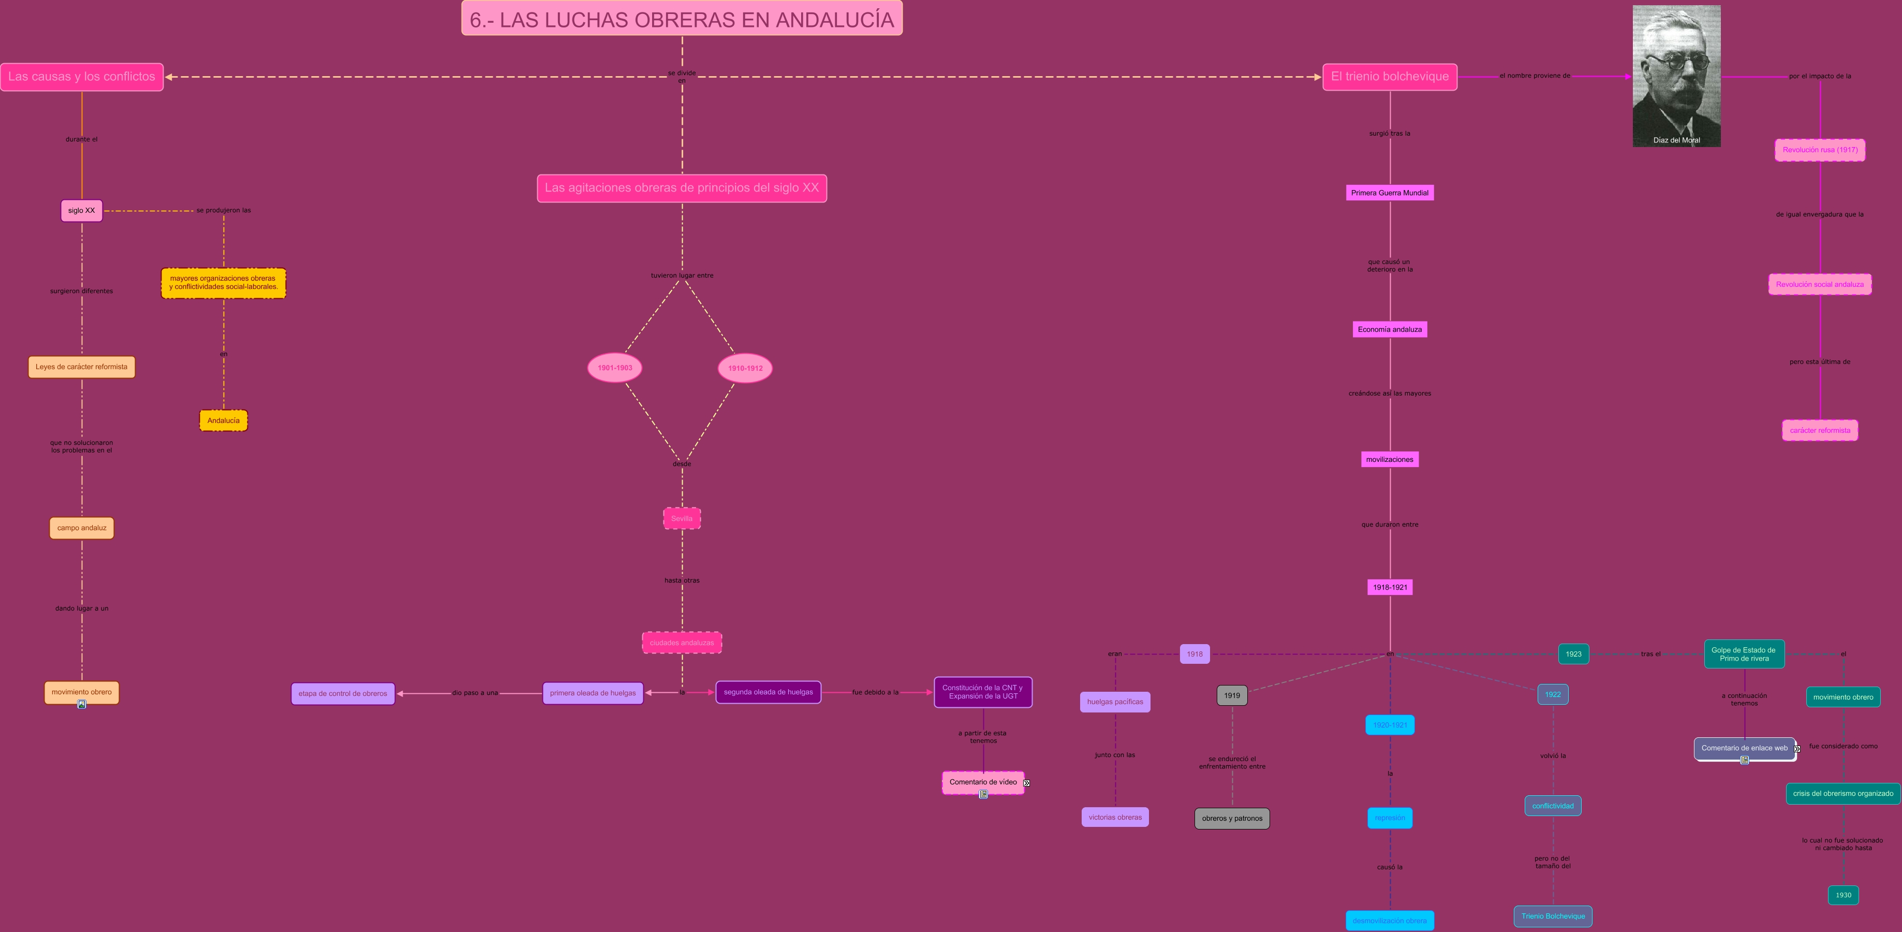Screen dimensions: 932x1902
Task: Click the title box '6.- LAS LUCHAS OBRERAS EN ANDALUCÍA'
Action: click(682, 19)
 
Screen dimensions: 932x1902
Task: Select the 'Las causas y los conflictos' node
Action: click(81, 77)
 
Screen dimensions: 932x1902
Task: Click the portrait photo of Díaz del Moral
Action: click(1676, 74)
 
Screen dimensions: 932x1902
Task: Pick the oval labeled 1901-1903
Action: click(614, 368)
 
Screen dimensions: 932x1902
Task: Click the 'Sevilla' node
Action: click(682, 518)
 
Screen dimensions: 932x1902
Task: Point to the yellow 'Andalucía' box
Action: click(223, 421)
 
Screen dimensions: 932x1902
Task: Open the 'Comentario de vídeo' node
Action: click(983, 782)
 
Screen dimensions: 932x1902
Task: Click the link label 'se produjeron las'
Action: click(223, 210)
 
